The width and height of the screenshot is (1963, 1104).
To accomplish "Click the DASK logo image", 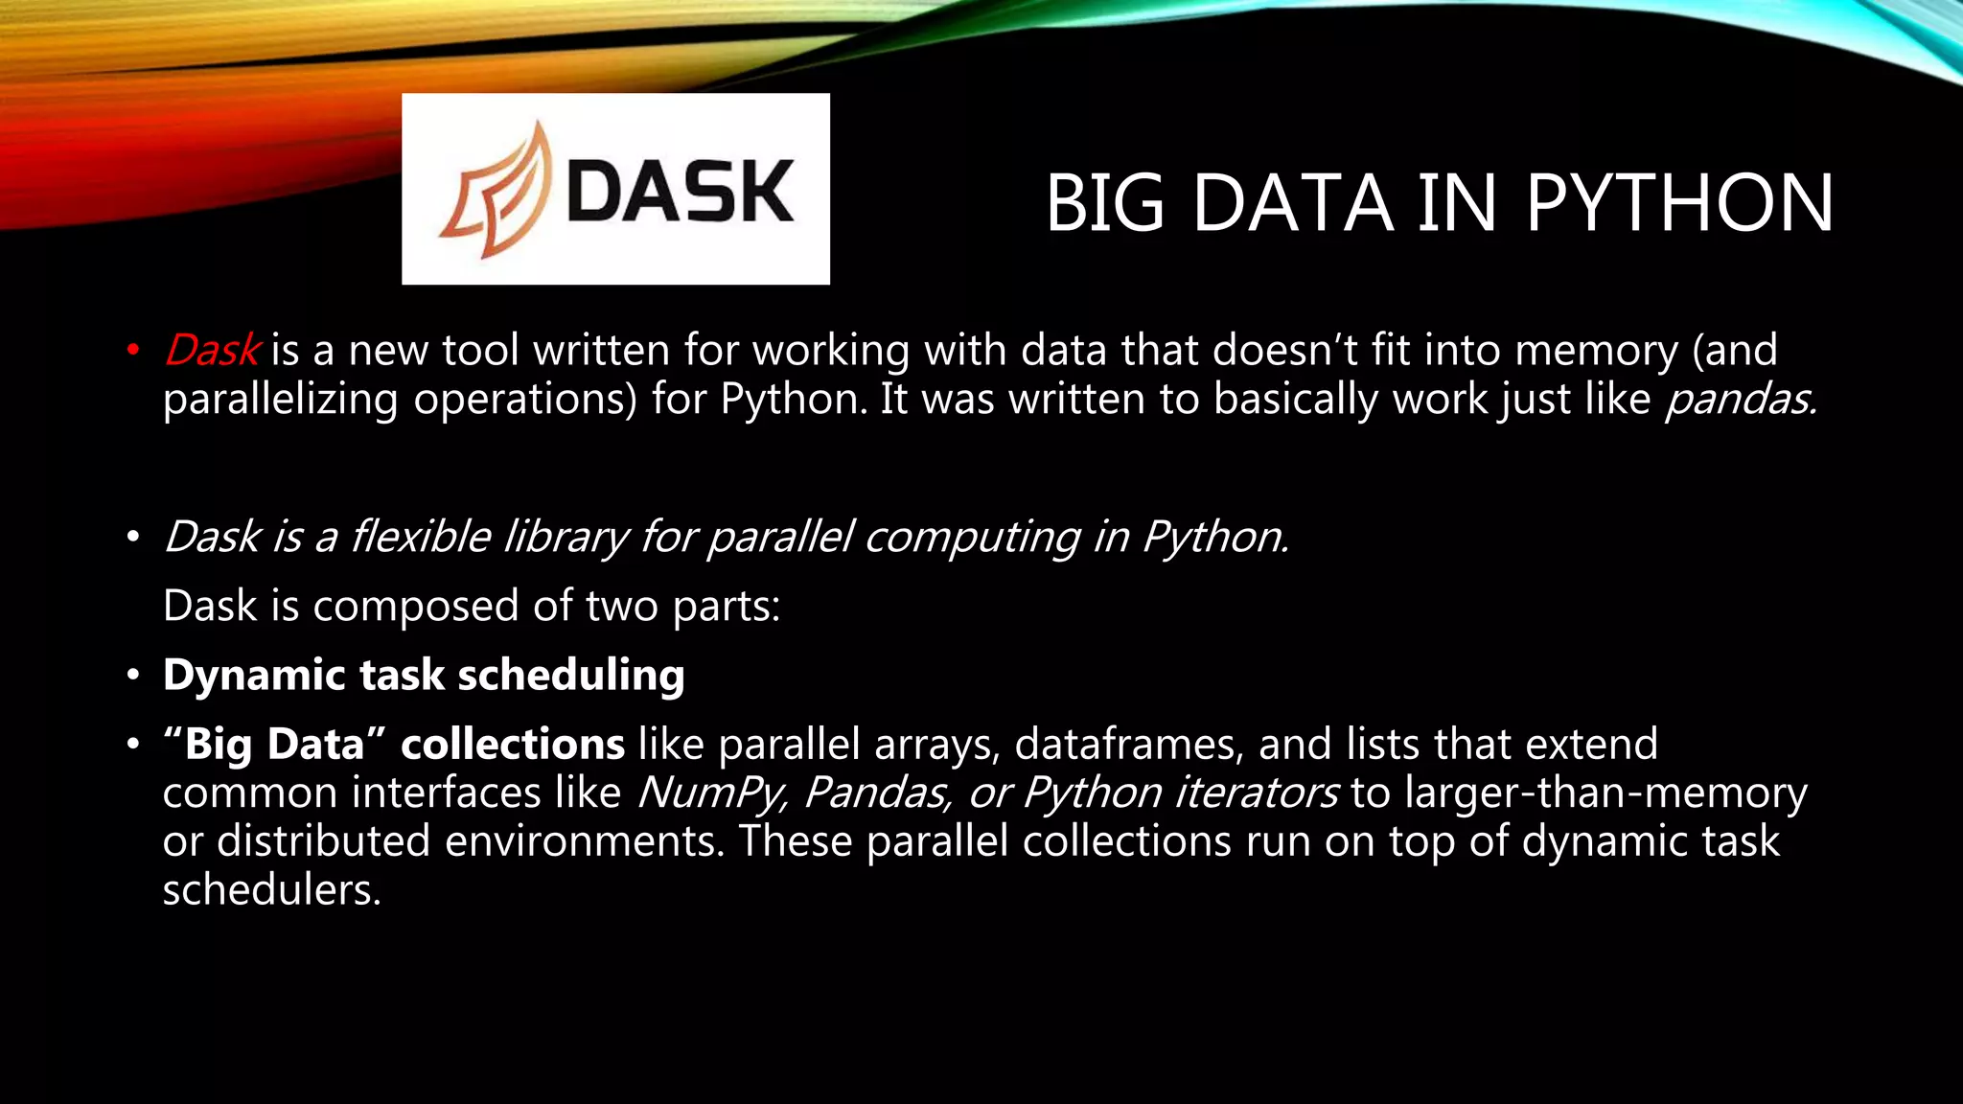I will pos(615,189).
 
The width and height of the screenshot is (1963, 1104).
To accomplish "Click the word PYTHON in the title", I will pos(1679,203).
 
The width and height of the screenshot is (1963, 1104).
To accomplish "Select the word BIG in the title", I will pos(1104,203).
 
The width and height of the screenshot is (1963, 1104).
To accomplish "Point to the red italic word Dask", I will pos(212,350).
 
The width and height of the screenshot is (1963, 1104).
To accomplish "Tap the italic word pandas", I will pos(1739,400).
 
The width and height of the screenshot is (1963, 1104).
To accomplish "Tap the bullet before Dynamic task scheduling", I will pos(133,676).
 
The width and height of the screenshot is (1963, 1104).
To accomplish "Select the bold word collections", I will pos(513,745).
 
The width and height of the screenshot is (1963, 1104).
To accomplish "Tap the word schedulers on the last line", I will pos(271,890).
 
